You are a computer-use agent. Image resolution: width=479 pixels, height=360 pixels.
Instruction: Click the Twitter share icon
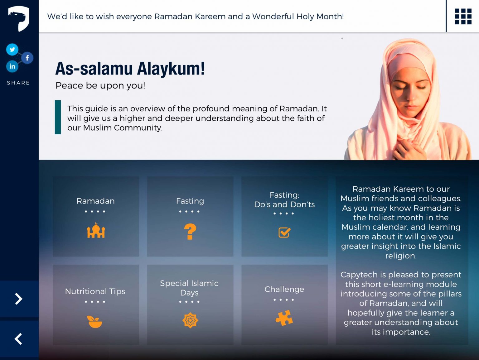pyautogui.click(x=12, y=49)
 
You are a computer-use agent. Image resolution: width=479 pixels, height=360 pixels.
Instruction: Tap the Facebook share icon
pyautogui.click(x=27, y=58)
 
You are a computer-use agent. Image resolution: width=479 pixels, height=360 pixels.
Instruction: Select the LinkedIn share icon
pyautogui.click(x=12, y=66)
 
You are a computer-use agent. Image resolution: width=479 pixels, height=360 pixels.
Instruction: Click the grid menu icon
pyautogui.click(x=463, y=16)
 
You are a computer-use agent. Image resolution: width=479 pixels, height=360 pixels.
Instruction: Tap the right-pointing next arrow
pyautogui.click(x=19, y=299)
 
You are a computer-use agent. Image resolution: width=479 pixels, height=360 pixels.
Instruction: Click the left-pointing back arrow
pyautogui.click(x=19, y=339)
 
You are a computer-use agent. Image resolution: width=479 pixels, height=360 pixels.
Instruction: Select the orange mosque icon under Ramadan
pyautogui.click(x=96, y=231)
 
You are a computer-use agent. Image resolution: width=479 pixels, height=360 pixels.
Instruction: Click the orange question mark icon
pyautogui.click(x=190, y=232)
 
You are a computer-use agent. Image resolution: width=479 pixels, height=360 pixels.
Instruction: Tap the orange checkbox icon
pyautogui.click(x=284, y=232)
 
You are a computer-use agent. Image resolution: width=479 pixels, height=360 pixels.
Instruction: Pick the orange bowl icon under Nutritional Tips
pyautogui.click(x=95, y=321)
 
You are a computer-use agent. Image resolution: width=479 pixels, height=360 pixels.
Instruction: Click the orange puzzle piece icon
pyautogui.click(x=284, y=318)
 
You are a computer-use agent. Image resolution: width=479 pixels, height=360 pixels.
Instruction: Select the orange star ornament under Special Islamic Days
pyautogui.click(x=190, y=320)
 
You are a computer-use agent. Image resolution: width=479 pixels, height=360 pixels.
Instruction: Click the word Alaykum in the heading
pyautogui.click(x=171, y=69)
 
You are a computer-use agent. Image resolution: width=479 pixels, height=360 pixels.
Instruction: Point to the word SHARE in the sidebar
pyautogui.click(x=18, y=83)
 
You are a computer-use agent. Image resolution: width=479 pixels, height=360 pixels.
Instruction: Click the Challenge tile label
pyautogui.click(x=284, y=289)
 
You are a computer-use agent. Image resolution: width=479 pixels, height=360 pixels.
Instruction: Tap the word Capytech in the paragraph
pyautogui.click(x=359, y=275)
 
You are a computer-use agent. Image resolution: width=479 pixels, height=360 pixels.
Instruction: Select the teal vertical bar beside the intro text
pyautogui.click(x=58, y=117)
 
